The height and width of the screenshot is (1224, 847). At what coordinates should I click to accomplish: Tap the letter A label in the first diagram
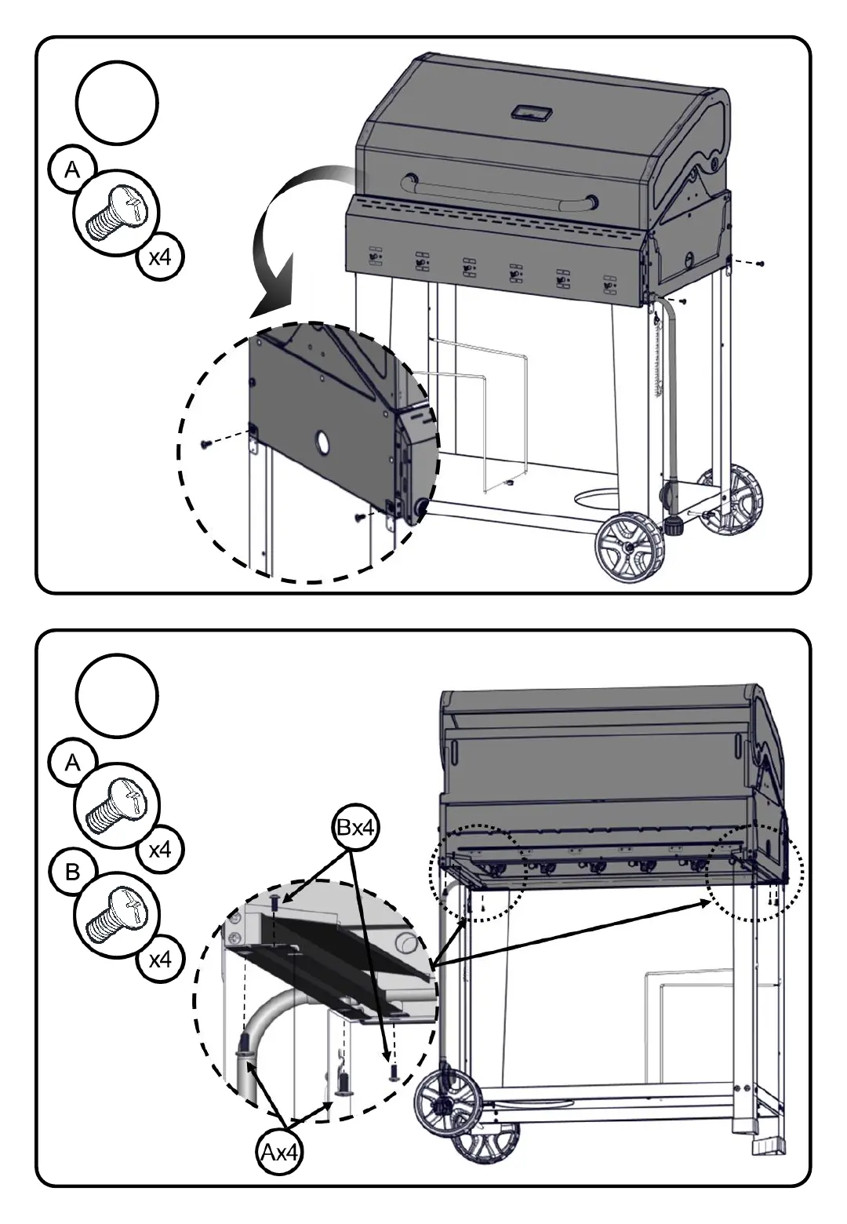[x=72, y=170]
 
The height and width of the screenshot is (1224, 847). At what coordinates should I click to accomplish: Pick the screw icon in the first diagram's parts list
[x=117, y=213]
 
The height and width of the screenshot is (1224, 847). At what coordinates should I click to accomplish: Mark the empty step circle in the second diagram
[x=118, y=695]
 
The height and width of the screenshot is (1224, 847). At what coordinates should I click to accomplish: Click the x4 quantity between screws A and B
[x=160, y=849]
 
